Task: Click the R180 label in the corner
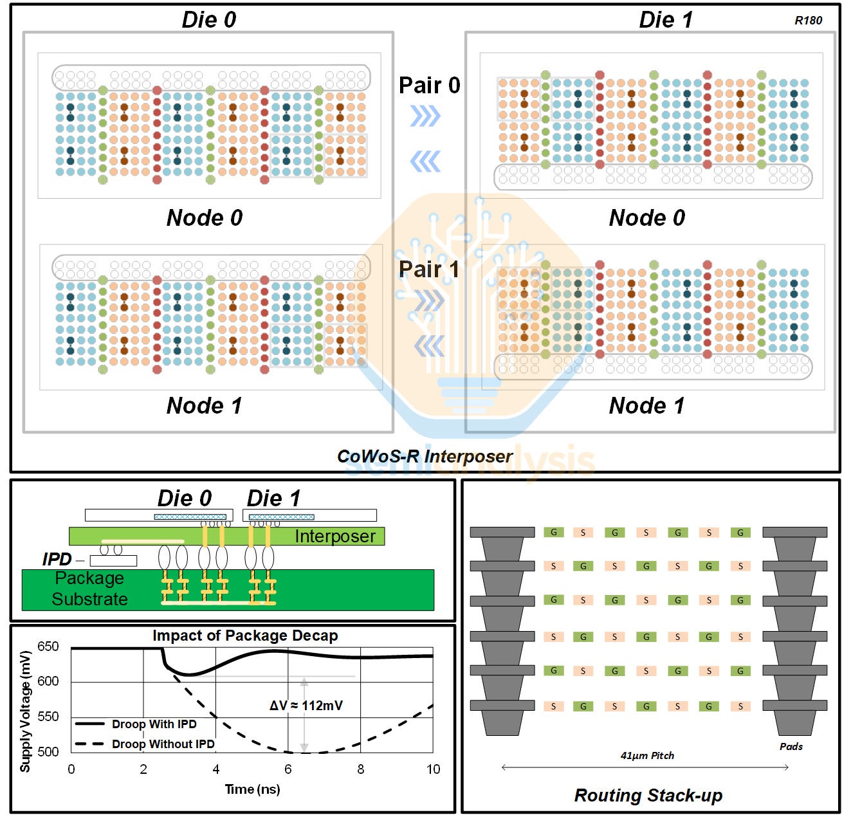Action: pyautogui.click(x=808, y=21)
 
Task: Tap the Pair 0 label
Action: pyautogui.click(x=429, y=85)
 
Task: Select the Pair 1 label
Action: pyautogui.click(x=429, y=269)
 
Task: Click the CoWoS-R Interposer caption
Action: pyautogui.click(x=425, y=456)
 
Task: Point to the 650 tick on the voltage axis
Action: pyautogui.click(x=48, y=646)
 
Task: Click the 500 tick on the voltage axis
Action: pyautogui.click(x=48, y=751)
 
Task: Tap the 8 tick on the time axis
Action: pyautogui.click(x=361, y=769)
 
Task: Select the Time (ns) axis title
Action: pyautogui.click(x=252, y=789)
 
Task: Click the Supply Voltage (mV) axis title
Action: pyautogui.click(x=25, y=711)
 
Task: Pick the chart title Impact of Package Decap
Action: pyautogui.click(x=245, y=636)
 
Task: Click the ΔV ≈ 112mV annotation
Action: pyautogui.click(x=306, y=705)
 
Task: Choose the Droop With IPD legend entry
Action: pyautogui.click(x=154, y=724)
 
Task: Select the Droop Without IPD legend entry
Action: pyautogui.click(x=163, y=744)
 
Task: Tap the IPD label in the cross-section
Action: pyautogui.click(x=57, y=559)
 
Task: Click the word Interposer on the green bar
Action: pyautogui.click(x=334, y=536)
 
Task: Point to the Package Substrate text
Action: pyautogui.click(x=89, y=589)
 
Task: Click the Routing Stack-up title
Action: pyautogui.click(x=648, y=796)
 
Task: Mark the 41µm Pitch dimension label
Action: pyautogui.click(x=647, y=755)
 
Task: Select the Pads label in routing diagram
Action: pyautogui.click(x=791, y=746)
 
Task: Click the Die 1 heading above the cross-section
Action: pyautogui.click(x=273, y=498)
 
